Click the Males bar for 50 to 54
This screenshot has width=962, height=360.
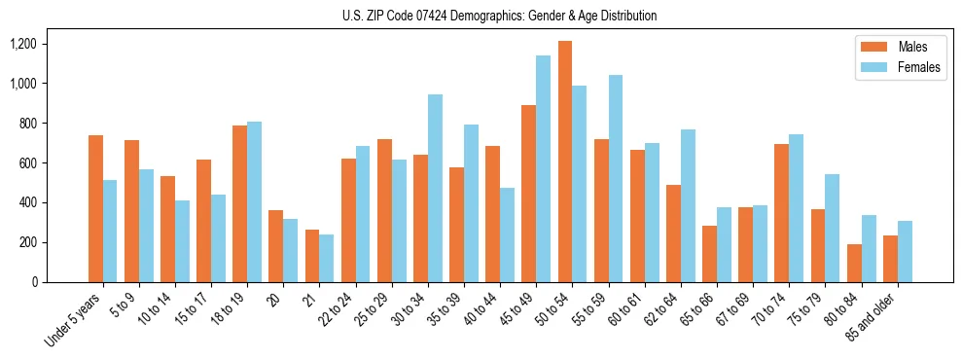pos(565,162)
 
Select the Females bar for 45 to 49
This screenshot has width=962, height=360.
pos(543,169)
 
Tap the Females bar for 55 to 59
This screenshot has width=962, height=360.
pos(616,179)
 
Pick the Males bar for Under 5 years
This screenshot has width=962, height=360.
pos(95,209)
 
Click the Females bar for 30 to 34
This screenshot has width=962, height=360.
pos(435,189)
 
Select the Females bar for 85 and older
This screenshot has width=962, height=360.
pos(905,252)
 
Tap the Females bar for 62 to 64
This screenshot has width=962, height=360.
pos(688,206)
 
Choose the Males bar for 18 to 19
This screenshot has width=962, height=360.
pos(240,204)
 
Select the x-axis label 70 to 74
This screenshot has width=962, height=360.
pos(770,310)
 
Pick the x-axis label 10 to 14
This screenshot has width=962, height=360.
pos(157,310)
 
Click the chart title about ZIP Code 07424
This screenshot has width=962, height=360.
pos(500,16)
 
